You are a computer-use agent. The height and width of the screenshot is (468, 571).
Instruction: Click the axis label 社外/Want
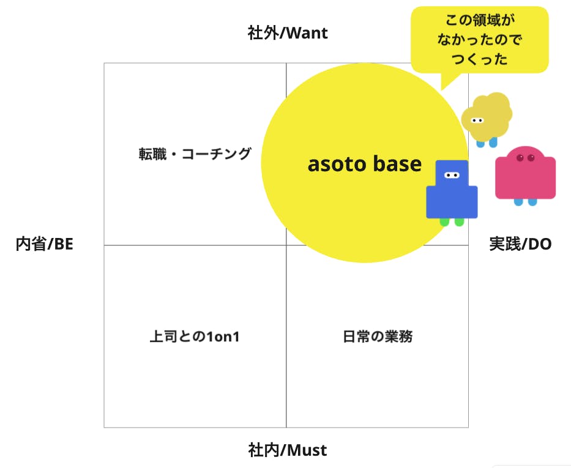(287, 32)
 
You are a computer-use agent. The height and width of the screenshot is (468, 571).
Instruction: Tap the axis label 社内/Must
(287, 451)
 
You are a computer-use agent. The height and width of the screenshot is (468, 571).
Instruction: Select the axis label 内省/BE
(44, 244)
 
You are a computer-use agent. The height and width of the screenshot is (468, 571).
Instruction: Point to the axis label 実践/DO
(520, 244)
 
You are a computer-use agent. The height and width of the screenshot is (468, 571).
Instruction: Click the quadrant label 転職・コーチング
(195, 154)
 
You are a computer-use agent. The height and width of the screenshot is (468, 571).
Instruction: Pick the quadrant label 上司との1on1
(195, 336)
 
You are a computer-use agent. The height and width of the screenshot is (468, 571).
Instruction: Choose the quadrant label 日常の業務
(378, 336)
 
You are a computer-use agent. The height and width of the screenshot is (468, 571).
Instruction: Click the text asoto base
(364, 164)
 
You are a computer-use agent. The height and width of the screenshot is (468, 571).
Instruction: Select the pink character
(525, 174)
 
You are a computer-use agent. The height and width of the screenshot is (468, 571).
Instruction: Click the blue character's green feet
(452, 222)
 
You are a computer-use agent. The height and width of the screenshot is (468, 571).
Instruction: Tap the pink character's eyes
(525, 158)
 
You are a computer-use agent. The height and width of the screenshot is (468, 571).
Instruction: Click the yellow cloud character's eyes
(477, 121)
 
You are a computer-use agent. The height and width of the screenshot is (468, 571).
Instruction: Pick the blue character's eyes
(452, 176)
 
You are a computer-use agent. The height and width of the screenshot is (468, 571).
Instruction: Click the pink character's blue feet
(525, 202)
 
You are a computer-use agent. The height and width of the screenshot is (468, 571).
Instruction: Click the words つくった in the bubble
(479, 60)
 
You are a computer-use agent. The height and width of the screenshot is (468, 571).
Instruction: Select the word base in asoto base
(397, 164)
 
